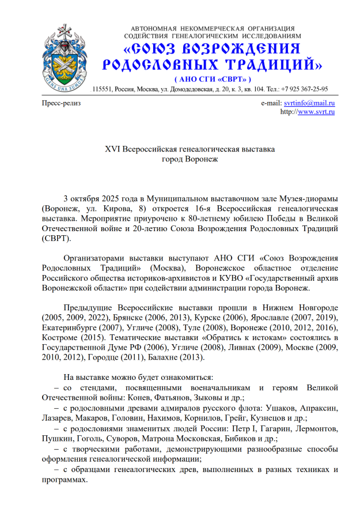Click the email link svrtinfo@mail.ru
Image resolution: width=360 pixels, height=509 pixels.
[x=309, y=103]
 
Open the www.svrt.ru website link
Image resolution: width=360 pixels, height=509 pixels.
[x=315, y=111]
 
